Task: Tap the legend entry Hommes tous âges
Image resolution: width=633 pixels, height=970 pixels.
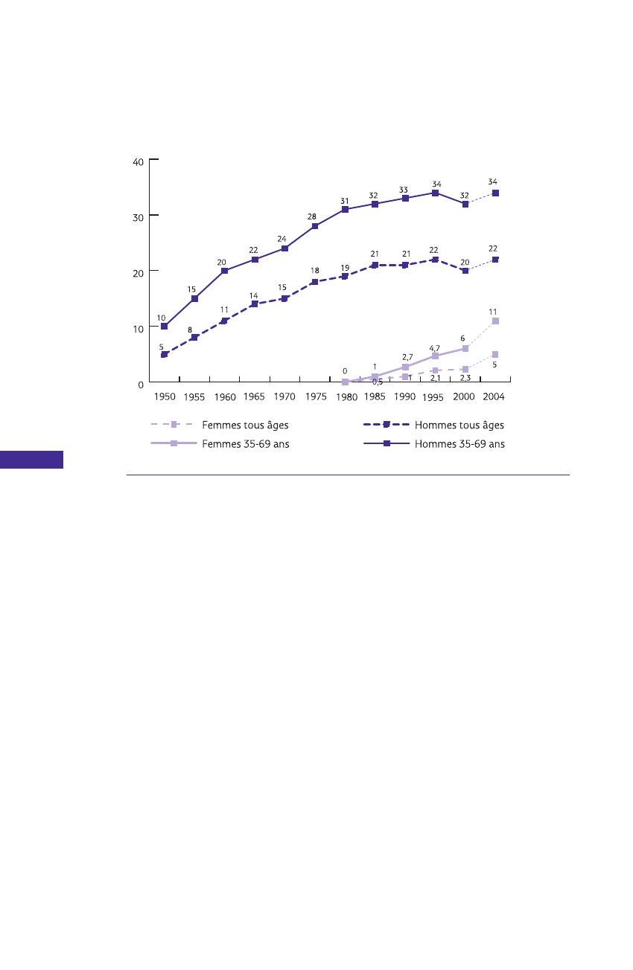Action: [x=459, y=425]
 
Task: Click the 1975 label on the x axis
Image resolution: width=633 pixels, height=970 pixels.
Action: [x=316, y=397]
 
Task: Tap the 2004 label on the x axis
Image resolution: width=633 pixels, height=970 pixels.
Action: [x=494, y=396]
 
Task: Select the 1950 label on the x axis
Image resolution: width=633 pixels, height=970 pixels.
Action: [x=165, y=397]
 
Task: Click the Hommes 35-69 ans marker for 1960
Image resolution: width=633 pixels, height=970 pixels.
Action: [x=224, y=271]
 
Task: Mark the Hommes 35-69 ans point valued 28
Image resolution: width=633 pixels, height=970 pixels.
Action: [x=315, y=226]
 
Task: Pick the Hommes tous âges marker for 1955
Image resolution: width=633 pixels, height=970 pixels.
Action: [x=194, y=338]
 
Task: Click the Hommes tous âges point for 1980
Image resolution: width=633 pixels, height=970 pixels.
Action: [x=345, y=276]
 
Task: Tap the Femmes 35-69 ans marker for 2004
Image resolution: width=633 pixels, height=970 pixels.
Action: [x=495, y=321]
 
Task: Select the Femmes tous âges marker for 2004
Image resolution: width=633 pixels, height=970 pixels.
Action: [x=495, y=355]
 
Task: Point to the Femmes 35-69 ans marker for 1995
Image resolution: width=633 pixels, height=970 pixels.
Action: [x=435, y=356]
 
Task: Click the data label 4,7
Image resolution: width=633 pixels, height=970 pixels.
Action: [x=434, y=347]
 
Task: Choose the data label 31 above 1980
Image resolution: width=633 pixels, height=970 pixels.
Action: [x=345, y=201]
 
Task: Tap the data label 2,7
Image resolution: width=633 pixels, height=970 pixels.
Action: [x=407, y=358]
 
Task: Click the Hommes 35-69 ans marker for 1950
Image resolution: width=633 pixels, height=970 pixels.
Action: [x=164, y=327]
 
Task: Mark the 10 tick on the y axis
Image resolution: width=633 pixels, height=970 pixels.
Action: [x=139, y=328]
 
